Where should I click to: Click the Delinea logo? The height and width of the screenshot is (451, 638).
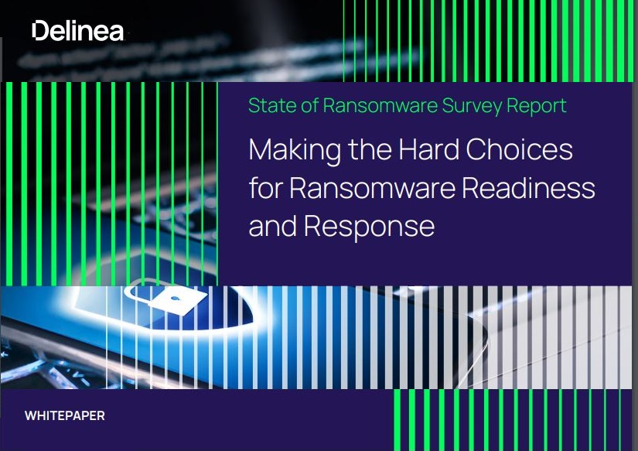77,30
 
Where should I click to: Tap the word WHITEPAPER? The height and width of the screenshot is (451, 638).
65,415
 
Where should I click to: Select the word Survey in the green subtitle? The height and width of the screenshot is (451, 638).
472,106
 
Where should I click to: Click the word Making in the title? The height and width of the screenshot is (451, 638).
295,151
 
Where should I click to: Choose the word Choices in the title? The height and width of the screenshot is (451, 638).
519,149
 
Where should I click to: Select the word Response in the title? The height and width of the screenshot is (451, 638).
369,227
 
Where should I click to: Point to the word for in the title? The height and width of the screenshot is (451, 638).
266,187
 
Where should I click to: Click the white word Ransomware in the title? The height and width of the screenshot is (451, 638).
373,188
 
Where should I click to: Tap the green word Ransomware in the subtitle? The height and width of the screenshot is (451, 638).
380,105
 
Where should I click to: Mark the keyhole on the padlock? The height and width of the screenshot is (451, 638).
176,299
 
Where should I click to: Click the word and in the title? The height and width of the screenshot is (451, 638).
273,227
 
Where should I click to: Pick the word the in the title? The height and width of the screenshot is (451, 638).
370,149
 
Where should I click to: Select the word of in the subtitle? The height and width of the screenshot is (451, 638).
309,105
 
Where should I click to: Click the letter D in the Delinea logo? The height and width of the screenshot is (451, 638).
40,31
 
